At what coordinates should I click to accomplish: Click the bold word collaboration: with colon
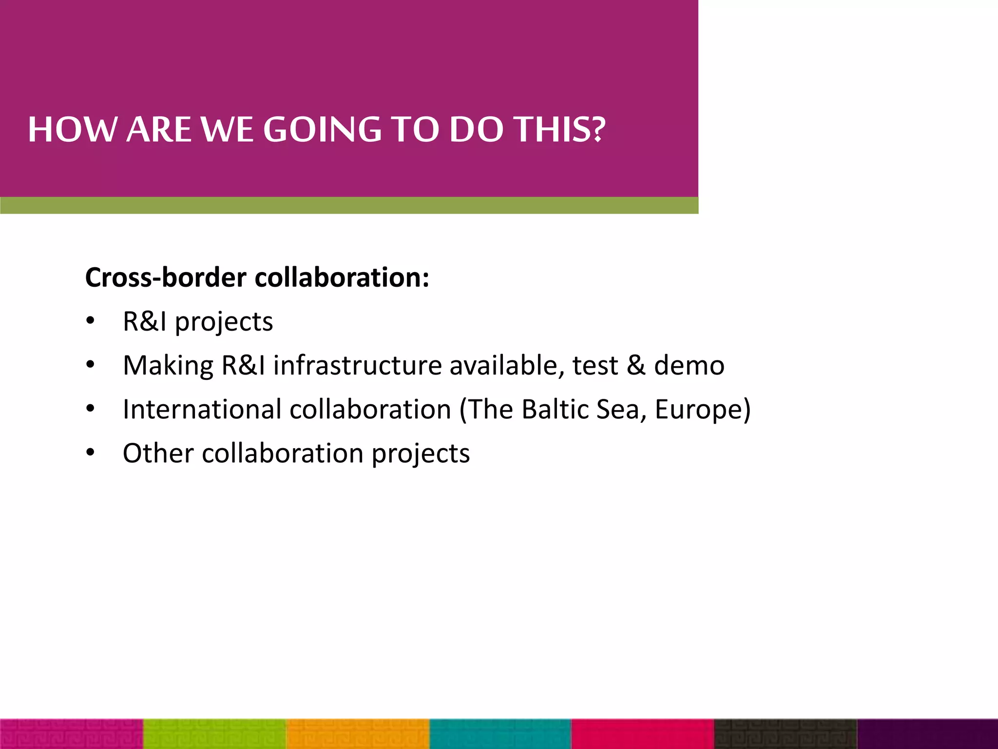click(x=342, y=277)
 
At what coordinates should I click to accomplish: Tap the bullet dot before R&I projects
click(x=90, y=321)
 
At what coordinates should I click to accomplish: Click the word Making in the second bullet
click(x=168, y=366)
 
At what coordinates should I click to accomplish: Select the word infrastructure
click(x=357, y=366)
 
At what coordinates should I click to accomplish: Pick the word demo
click(x=689, y=366)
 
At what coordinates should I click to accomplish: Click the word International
click(x=202, y=409)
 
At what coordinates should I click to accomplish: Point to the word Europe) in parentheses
click(x=702, y=410)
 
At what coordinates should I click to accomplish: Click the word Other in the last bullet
click(x=158, y=453)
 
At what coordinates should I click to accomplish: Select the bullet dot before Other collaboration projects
click(x=90, y=453)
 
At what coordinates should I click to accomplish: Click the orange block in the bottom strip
click(x=358, y=734)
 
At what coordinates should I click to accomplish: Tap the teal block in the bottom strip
click(x=500, y=734)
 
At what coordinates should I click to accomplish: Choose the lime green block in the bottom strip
click(x=215, y=734)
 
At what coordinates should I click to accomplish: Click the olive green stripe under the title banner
click(x=349, y=205)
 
